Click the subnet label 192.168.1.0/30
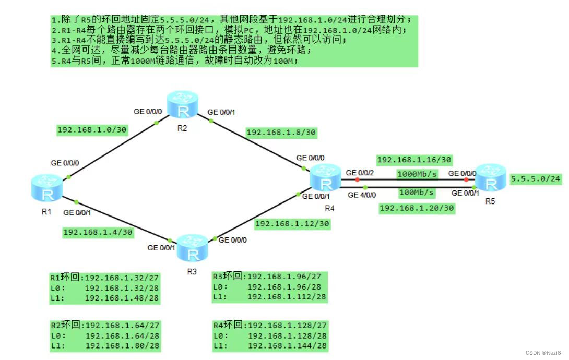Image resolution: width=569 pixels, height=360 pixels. tap(92, 129)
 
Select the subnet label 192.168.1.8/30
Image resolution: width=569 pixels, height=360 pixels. tap(281, 133)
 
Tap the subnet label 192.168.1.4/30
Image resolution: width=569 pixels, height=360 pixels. tap(98, 232)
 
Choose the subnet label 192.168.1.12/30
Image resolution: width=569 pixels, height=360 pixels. tap(292, 224)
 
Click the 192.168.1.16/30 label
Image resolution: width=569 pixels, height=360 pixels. tap(414, 160)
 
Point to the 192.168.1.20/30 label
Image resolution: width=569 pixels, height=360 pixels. tap(417, 208)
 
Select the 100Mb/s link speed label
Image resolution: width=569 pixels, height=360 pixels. tap(417, 193)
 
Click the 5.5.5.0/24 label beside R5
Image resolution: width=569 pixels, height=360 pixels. tap(536, 179)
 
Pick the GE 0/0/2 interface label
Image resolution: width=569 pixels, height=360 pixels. tap(360, 172)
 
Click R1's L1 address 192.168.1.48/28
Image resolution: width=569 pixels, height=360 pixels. tap(122, 298)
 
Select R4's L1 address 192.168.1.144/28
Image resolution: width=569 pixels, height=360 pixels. tap(287, 346)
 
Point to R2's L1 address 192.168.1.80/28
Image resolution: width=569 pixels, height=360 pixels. tap(123, 346)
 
